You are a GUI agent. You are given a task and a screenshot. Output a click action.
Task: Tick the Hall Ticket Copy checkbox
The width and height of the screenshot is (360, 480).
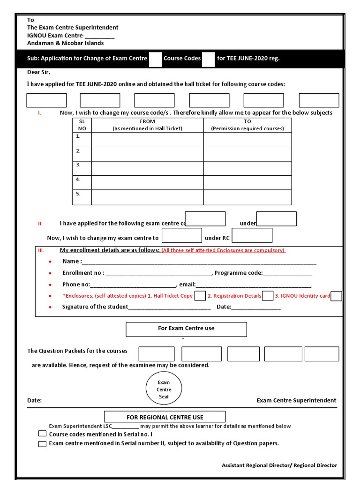pyautogui.click(x=200, y=296)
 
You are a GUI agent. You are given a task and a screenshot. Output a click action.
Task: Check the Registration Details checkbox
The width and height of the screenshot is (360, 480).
pyautogui.click(x=268, y=296)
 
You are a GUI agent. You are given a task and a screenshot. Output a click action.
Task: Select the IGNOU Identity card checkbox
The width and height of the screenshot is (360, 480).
pyautogui.click(x=336, y=296)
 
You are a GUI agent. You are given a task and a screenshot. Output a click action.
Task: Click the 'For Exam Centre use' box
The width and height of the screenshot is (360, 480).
pyautogui.click(x=186, y=329)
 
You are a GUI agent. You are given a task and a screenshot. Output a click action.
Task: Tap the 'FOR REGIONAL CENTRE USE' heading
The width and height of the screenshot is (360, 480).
pyautogui.click(x=165, y=417)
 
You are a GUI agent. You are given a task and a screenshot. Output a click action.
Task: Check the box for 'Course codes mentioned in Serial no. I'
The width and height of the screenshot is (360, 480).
pyautogui.click(x=42, y=434)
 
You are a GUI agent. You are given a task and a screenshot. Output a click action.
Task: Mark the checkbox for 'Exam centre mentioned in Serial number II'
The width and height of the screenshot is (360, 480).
pyautogui.click(x=42, y=443)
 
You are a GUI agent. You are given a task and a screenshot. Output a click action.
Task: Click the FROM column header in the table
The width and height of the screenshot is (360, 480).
pyautogui.click(x=147, y=125)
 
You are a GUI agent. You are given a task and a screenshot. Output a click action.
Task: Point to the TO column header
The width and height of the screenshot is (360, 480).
pyautogui.click(x=247, y=125)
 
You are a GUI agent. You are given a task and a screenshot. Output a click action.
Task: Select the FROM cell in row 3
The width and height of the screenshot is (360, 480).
pyautogui.click(x=147, y=168)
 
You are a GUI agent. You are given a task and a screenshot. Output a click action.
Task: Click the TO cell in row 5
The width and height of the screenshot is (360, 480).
pyautogui.click(x=247, y=197)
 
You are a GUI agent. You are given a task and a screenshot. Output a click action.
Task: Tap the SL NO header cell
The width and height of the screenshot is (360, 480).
pyautogui.click(x=82, y=125)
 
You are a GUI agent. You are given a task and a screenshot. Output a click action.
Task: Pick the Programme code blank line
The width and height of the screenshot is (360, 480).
pyautogui.click(x=287, y=273)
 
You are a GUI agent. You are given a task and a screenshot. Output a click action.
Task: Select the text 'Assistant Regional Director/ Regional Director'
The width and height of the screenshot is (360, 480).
pyautogui.click(x=279, y=465)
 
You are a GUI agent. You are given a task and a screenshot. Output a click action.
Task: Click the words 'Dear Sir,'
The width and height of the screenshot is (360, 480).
pyautogui.click(x=38, y=72)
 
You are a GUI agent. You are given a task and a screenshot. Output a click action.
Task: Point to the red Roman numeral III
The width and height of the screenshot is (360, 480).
pyautogui.click(x=40, y=250)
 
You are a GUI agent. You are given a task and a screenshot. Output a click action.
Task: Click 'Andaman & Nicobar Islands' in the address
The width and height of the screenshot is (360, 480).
pyautogui.click(x=66, y=43)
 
